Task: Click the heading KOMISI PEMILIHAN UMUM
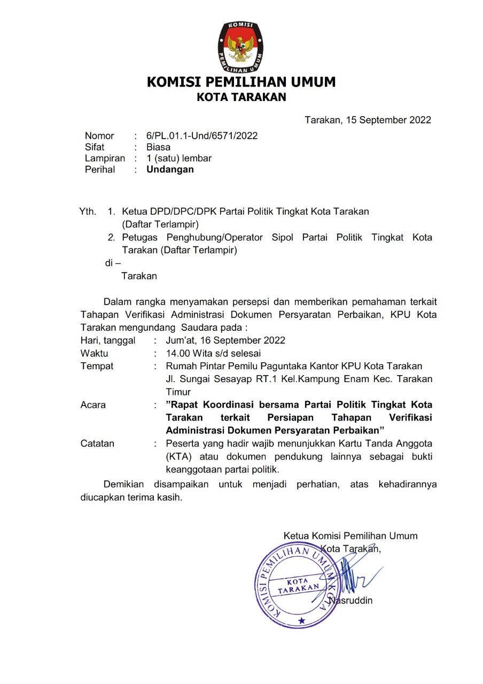241,82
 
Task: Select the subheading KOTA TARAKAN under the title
241,97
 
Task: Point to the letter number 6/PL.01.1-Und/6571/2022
202,136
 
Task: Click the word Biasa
158,147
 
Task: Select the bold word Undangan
170,170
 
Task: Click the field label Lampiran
105,159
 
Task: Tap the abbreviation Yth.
88,211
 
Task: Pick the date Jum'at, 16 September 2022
225,340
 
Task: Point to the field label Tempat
97,367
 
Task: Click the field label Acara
93,405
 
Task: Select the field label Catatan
97,444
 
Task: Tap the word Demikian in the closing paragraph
124,485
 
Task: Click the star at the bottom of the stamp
301,620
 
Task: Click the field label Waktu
94,353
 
